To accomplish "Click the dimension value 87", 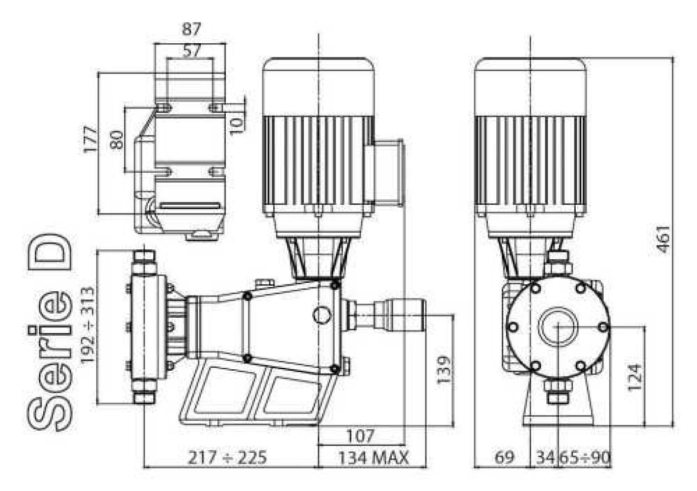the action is pos(191,29).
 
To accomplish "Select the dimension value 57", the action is pos(191,51).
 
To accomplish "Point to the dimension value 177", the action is pos(91,139).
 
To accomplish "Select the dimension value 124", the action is pos(635,378).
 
